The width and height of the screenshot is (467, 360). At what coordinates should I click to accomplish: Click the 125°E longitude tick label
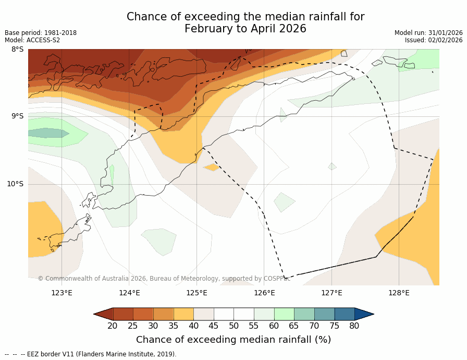point(196,293)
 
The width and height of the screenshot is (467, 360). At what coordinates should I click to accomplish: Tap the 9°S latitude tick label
point(17,116)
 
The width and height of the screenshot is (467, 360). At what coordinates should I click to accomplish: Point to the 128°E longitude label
point(399,293)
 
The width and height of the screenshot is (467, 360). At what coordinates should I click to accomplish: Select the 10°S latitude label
point(15,184)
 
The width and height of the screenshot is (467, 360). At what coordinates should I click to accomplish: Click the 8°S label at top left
point(17,50)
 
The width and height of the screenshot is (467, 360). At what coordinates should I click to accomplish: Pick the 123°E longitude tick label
point(62,293)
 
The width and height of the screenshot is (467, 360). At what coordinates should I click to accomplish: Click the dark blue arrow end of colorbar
point(364,314)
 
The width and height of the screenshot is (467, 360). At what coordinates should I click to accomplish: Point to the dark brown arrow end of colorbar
point(103,314)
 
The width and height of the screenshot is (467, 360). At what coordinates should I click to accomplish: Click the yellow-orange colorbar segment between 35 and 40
point(183,314)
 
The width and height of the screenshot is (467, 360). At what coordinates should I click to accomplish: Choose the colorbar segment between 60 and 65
point(284,314)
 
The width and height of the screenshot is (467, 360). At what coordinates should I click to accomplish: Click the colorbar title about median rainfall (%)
point(233,340)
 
